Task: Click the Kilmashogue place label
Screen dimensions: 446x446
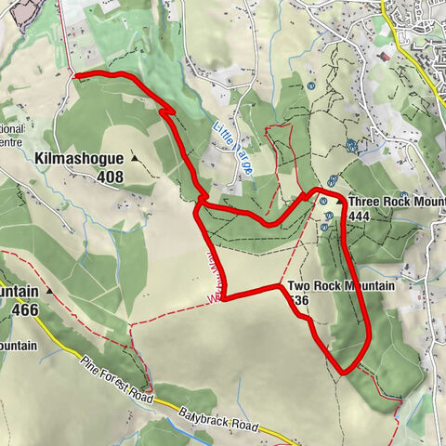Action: pos(80,160)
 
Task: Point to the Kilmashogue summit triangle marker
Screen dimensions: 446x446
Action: pos(135,159)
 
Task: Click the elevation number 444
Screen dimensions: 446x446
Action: pos(360,216)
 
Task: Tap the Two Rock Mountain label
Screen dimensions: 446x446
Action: pos(340,286)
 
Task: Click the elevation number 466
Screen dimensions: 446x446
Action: pos(25,308)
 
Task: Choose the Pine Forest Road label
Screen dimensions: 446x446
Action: pos(115,375)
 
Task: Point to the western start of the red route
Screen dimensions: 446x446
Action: pos(74,73)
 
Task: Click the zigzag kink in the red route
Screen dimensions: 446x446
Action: pos(168,111)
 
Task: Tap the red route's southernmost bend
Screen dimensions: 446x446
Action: pos(344,372)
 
